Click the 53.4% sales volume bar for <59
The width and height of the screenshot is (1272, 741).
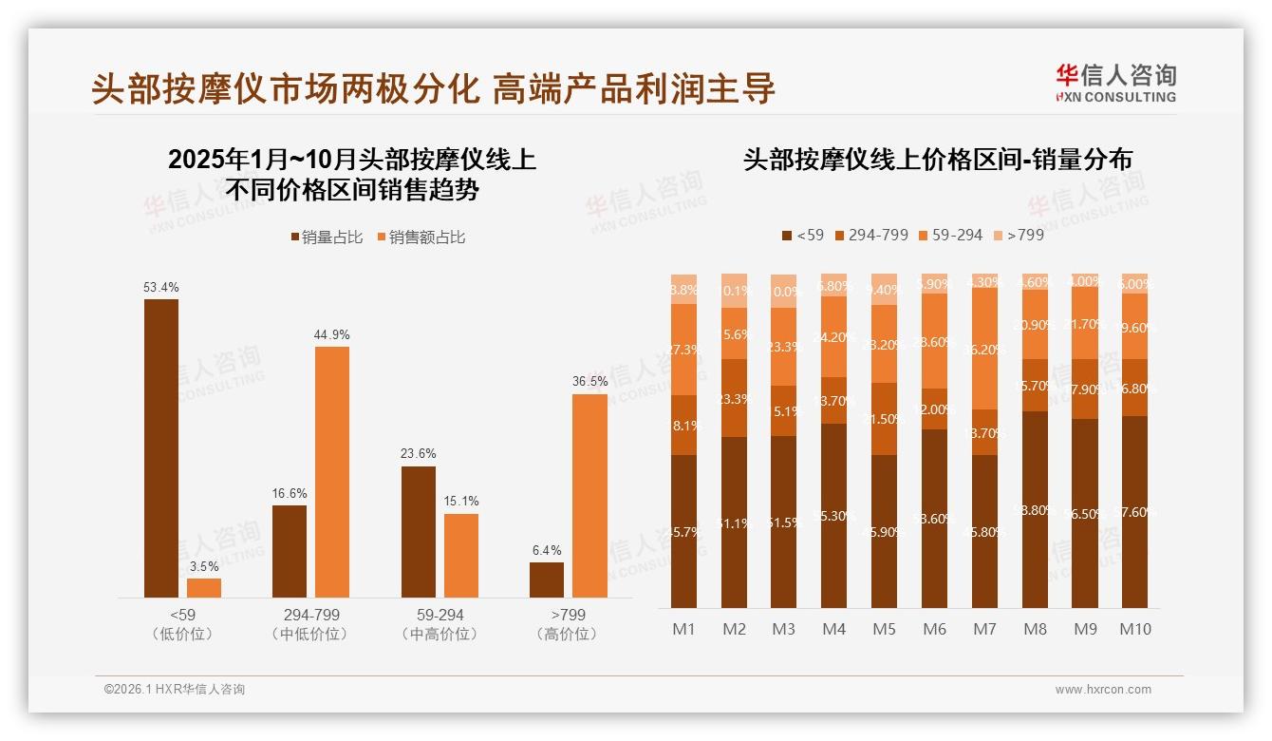pyautogui.click(x=161, y=447)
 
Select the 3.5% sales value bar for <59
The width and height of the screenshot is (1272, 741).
pyautogui.click(x=204, y=587)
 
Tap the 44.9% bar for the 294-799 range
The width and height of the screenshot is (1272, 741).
pyautogui.click(x=332, y=471)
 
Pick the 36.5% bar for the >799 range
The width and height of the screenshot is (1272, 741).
pyautogui.click(x=589, y=495)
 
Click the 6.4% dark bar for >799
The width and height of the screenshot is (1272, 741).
pyautogui.click(x=546, y=579)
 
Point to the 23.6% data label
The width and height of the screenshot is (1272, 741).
pyautogui.click(x=419, y=453)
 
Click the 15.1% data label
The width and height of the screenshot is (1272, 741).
pyautogui.click(x=461, y=501)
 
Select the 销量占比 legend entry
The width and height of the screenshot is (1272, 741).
pyautogui.click(x=327, y=237)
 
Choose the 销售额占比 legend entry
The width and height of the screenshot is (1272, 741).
pyautogui.click(x=421, y=237)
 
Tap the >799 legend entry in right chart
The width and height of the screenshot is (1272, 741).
pyautogui.click(x=1018, y=235)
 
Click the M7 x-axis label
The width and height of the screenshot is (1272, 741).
pyautogui.click(x=984, y=629)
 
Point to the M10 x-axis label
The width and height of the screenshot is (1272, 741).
pyautogui.click(x=1134, y=629)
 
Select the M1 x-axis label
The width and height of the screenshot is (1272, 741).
pyautogui.click(x=683, y=629)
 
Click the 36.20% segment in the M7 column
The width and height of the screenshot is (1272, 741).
pyautogui.click(x=984, y=349)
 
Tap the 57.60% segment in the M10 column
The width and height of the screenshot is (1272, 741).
pyautogui.click(x=1134, y=511)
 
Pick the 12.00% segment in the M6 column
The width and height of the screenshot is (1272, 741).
pyautogui.click(x=934, y=408)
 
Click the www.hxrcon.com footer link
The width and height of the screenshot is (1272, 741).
pyautogui.click(x=1103, y=690)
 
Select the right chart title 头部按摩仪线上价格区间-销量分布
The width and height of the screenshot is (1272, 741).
pyautogui.click(x=937, y=160)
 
